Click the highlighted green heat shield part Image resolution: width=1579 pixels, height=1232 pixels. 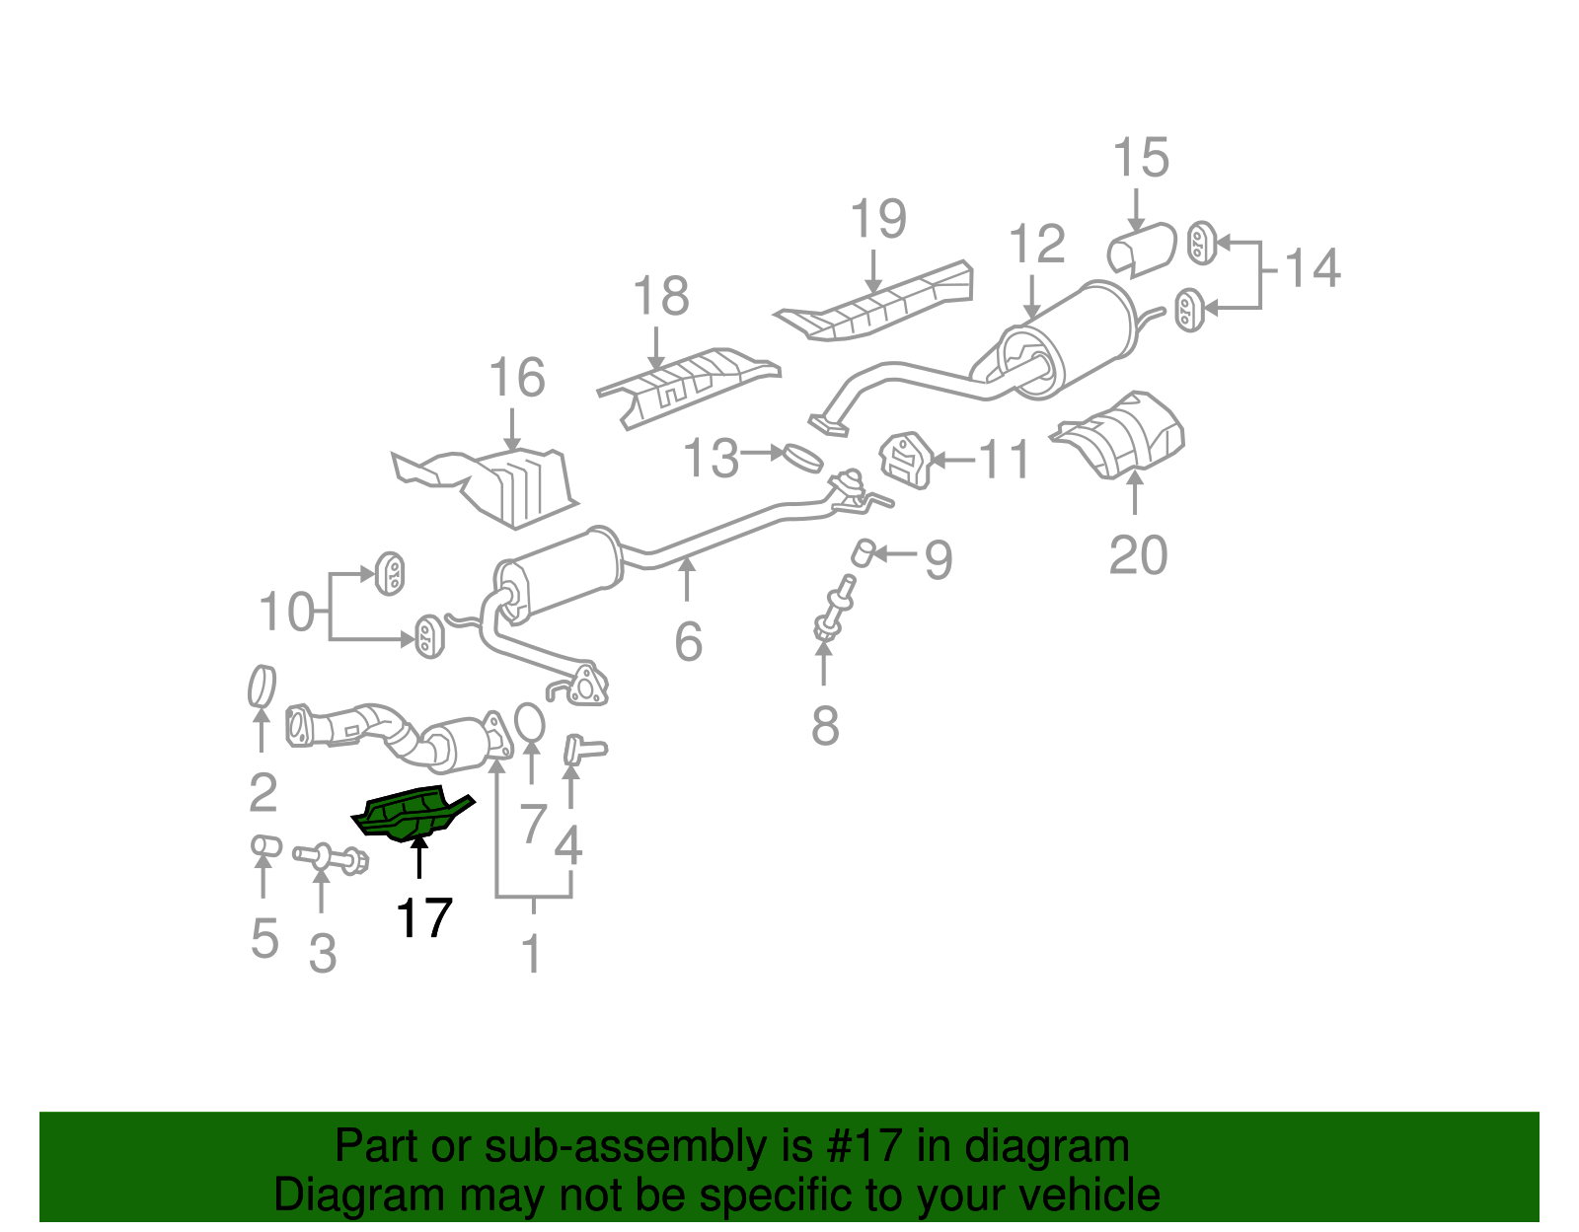click(x=410, y=814)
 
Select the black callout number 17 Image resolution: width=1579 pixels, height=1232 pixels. click(x=424, y=918)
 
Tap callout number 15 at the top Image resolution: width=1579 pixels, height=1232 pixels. click(x=1141, y=159)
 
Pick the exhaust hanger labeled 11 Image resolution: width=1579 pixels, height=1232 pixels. click(x=905, y=461)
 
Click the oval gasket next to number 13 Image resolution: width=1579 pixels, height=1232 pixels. click(x=802, y=457)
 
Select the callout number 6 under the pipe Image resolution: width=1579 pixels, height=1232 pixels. click(x=688, y=641)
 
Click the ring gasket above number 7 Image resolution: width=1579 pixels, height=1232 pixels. click(x=530, y=722)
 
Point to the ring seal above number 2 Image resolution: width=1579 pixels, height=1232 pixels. click(x=262, y=687)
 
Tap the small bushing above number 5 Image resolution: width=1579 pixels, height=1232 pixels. click(x=264, y=846)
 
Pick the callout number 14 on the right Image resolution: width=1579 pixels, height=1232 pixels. click(x=1313, y=268)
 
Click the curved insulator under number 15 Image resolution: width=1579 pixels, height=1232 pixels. click(x=1143, y=251)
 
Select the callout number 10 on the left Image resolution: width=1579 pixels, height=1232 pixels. click(x=286, y=613)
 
